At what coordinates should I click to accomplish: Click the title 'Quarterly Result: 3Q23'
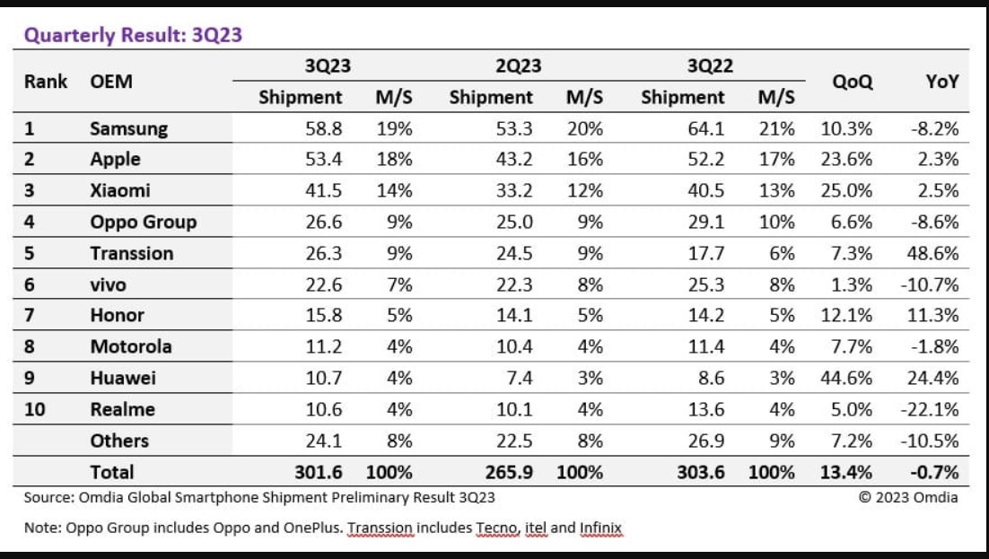pos(133,36)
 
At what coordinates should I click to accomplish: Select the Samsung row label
pos(128,128)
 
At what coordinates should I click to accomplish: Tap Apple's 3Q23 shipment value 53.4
pos(324,160)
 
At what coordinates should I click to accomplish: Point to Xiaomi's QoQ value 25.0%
pos(845,191)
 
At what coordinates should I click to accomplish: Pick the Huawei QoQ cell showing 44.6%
pos(845,378)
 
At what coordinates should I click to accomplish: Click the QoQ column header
pos(852,82)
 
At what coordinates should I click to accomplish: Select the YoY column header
pos(941,82)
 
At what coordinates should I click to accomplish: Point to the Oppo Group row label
pos(143,222)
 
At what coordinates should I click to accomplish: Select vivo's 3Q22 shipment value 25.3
pos(706,284)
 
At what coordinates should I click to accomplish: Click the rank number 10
pos(34,409)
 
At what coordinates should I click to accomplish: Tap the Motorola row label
pos(130,346)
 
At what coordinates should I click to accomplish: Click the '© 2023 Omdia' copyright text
pos(908,497)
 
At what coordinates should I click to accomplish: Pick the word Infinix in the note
pos(601,528)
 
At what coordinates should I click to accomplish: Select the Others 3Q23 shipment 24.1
pos(324,441)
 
